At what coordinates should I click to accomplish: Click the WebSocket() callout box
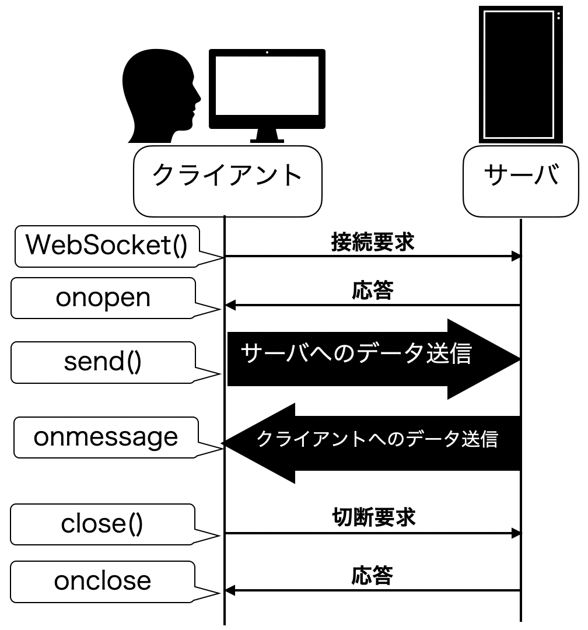[x=107, y=246]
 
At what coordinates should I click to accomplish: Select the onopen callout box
[x=103, y=298]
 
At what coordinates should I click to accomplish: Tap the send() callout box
[x=103, y=362]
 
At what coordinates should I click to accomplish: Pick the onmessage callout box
[x=106, y=437]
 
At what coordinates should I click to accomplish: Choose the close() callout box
[x=103, y=524]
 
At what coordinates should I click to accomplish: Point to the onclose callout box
[x=103, y=582]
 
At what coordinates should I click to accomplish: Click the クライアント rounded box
[x=228, y=181]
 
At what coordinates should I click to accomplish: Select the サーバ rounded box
[x=521, y=181]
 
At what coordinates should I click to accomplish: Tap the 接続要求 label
[x=373, y=242]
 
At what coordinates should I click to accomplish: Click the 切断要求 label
[x=374, y=517]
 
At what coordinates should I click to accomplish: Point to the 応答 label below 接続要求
[x=373, y=290]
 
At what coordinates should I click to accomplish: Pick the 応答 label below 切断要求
[x=372, y=575]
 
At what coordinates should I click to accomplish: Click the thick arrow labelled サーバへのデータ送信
[x=374, y=359]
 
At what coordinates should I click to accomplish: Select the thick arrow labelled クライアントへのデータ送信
[x=372, y=443]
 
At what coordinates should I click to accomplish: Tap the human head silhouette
[x=161, y=96]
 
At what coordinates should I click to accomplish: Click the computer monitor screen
[x=267, y=86]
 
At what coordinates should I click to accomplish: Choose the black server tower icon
[x=521, y=75]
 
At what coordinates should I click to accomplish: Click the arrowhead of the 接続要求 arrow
[x=516, y=256]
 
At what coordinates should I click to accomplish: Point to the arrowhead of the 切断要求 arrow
[x=516, y=533]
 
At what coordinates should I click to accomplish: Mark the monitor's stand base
[x=267, y=141]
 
